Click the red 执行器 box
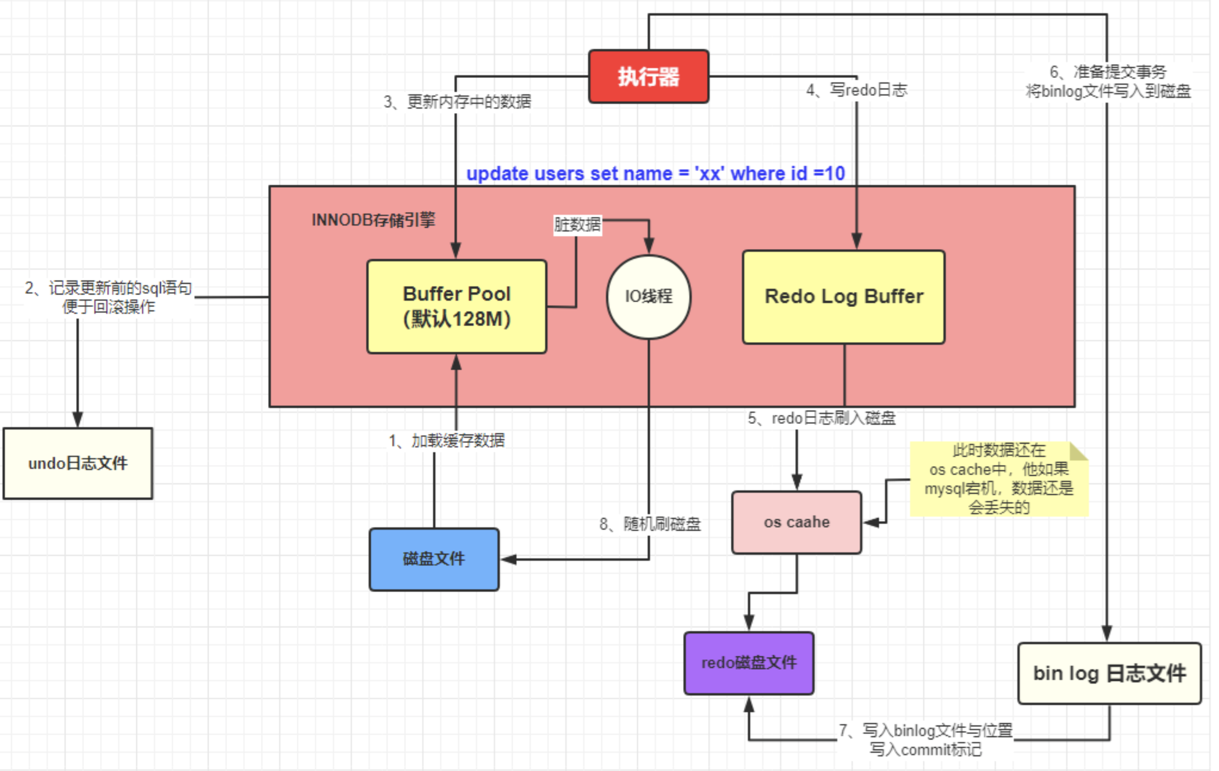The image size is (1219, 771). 648,77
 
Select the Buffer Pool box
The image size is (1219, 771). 457,306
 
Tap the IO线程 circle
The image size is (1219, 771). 648,296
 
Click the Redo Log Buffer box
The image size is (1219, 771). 843,297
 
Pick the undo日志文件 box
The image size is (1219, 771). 78,463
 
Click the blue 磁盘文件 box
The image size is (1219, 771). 434,559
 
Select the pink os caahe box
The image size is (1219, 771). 796,522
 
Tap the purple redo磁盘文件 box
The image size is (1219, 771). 749,663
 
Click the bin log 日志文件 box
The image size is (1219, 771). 1109,674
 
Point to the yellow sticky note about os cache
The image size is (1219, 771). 998,479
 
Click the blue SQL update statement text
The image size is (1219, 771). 656,173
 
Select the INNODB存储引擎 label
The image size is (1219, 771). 374,220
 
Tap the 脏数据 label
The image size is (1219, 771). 577,224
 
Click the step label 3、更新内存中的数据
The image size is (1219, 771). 457,102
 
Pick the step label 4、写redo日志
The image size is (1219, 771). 857,90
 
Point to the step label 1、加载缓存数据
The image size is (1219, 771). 446,441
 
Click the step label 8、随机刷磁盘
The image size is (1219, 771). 650,523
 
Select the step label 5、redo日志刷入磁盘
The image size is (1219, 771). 821,418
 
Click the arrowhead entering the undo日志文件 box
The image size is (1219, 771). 77,420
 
